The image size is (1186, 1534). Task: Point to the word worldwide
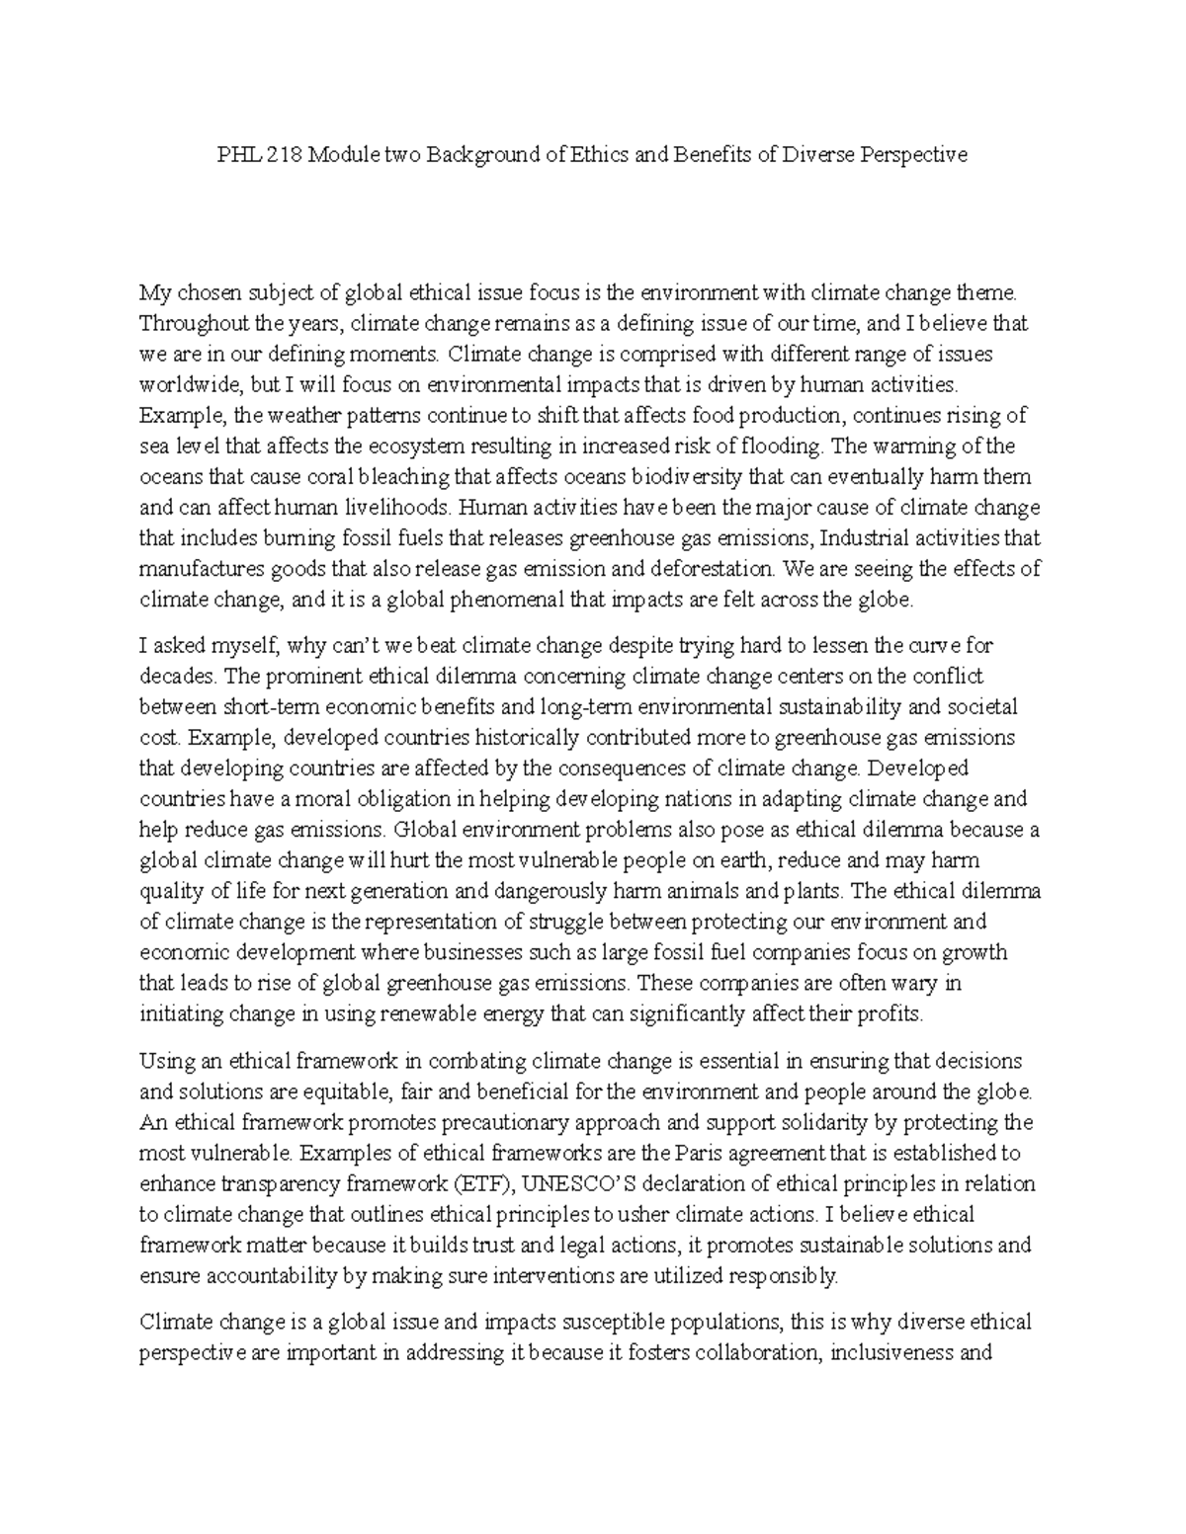[x=185, y=384]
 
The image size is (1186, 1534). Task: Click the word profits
[x=892, y=1013]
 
